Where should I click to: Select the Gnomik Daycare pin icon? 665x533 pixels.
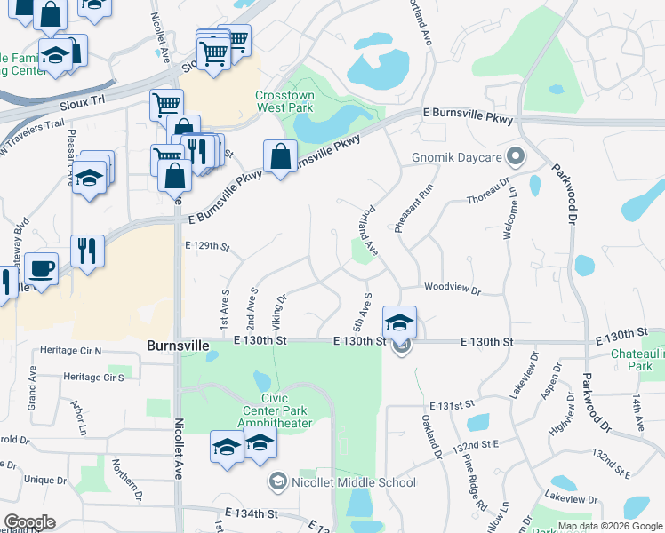tap(515, 158)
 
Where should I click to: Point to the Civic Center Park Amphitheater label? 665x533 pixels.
tap(277, 417)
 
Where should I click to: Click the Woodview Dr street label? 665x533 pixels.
tap(452, 290)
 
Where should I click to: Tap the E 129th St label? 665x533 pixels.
tap(207, 246)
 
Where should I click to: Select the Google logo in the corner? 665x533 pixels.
tap(29, 522)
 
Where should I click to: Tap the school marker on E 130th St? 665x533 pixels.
tap(400, 322)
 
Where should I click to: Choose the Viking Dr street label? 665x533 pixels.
tap(280, 310)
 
